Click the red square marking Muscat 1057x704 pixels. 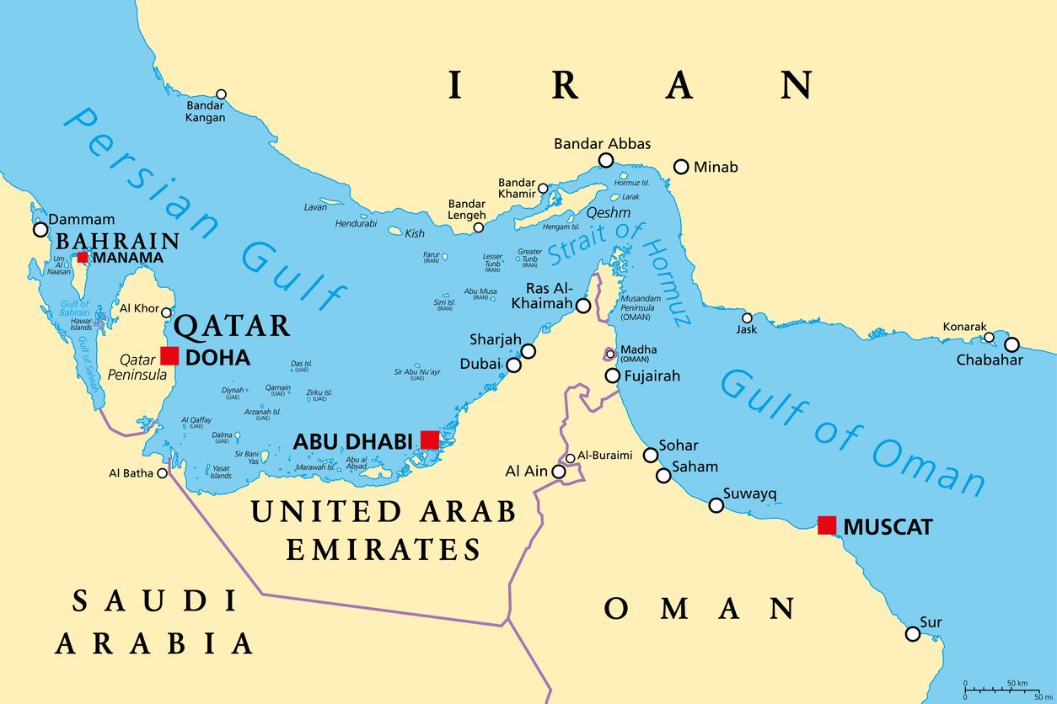(x=827, y=525)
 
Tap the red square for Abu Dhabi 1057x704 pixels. (x=430, y=440)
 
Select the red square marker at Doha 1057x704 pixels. (x=169, y=355)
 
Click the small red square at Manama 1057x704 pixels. (x=83, y=257)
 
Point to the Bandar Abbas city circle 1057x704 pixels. (x=605, y=160)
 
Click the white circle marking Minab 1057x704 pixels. (x=681, y=167)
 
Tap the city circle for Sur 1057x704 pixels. (x=912, y=633)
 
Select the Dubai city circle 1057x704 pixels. (x=513, y=365)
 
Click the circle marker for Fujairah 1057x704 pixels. (x=613, y=376)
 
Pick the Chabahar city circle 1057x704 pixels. (x=1011, y=344)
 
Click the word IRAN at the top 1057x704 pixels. (x=630, y=86)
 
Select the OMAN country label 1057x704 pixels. (x=700, y=608)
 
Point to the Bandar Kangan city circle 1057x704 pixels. (x=221, y=94)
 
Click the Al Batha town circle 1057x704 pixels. (x=162, y=473)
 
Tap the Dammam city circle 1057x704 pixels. (x=40, y=229)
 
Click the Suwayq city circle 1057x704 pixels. (x=716, y=505)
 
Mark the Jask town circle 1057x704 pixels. (x=747, y=318)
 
